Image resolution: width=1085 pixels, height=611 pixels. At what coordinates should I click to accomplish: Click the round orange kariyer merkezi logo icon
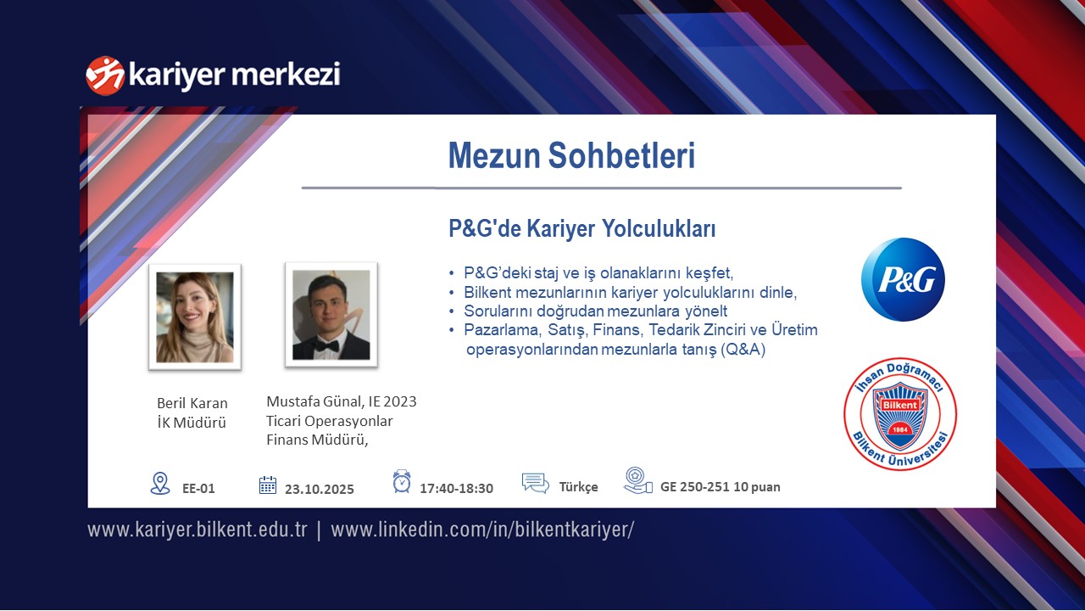(x=104, y=76)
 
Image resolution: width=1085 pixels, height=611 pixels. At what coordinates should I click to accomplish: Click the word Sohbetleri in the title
(x=621, y=155)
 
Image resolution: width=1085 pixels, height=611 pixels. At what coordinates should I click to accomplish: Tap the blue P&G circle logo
(x=903, y=279)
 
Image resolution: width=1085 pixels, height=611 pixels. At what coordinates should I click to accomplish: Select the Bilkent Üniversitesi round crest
(x=900, y=414)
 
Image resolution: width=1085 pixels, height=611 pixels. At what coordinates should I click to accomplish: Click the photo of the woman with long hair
(x=195, y=317)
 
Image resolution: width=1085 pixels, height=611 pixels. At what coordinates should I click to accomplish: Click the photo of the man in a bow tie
(x=331, y=315)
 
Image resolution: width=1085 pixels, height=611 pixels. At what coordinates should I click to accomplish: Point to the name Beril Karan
(x=192, y=403)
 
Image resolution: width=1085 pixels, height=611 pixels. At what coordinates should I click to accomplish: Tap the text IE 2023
(x=392, y=401)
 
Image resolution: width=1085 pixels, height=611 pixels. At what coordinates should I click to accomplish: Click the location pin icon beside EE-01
(x=160, y=484)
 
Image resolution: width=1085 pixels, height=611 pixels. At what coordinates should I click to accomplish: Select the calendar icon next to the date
(x=267, y=485)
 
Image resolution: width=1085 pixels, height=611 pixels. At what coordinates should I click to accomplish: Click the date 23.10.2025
(x=320, y=489)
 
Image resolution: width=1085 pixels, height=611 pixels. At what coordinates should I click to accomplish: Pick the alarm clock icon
(x=402, y=481)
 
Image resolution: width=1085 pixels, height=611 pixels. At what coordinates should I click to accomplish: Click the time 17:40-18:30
(x=456, y=488)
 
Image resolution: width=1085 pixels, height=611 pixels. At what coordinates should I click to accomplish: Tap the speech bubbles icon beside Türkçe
(x=535, y=483)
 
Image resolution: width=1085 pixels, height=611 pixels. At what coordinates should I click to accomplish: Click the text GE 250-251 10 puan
(x=721, y=487)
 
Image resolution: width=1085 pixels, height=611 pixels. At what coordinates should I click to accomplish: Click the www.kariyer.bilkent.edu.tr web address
(x=198, y=530)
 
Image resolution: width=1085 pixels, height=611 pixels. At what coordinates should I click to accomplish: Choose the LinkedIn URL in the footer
(x=482, y=530)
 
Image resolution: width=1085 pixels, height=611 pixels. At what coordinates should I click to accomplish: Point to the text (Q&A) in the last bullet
(x=743, y=349)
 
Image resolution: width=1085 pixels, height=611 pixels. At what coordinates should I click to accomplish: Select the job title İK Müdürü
(x=192, y=423)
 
